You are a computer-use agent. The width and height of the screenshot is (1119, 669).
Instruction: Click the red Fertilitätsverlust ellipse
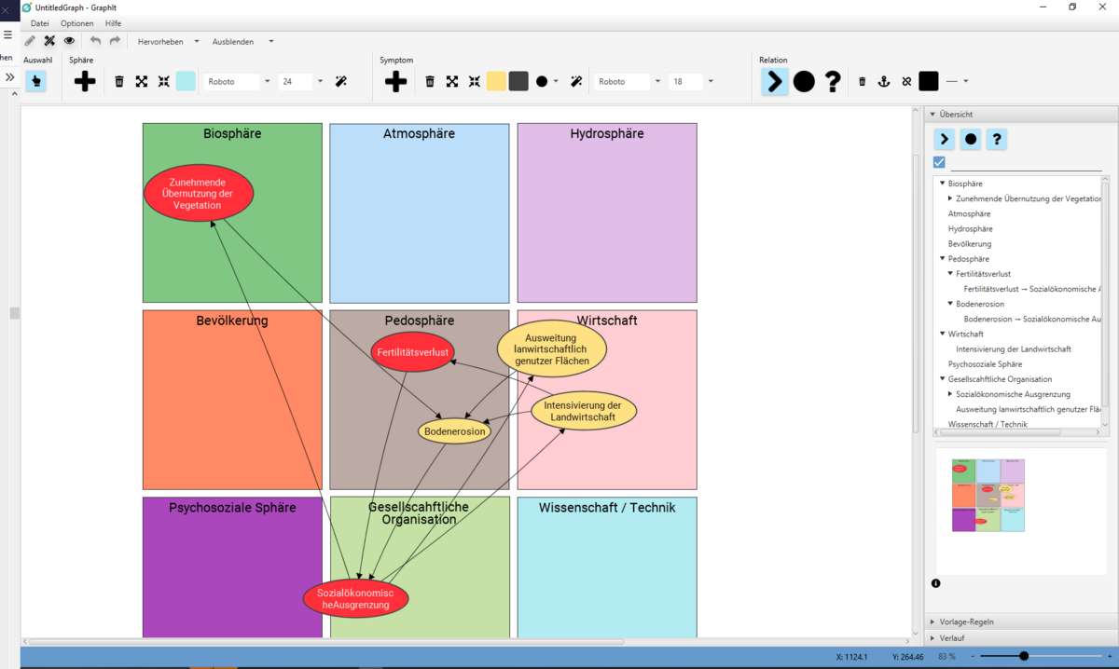pos(412,352)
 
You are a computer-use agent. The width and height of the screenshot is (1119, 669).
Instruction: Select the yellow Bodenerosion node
pos(454,431)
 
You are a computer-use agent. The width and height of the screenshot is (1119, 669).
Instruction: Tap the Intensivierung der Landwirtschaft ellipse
pos(584,411)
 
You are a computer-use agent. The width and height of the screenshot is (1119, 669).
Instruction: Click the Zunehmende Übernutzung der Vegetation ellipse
pos(199,193)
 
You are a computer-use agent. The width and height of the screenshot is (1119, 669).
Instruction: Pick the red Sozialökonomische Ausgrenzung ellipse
pos(355,598)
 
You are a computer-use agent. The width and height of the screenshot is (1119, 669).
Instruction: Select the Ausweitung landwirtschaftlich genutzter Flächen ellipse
pos(552,348)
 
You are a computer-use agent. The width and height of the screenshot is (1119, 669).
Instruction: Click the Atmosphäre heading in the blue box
pos(419,134)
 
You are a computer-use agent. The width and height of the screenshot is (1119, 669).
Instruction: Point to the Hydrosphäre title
pos(607,134)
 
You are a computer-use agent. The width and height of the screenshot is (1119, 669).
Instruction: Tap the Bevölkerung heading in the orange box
pos(232,321)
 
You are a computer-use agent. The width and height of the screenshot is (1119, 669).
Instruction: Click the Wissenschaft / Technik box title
pos(607,508)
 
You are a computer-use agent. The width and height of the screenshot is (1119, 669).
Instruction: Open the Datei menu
pos(40,23)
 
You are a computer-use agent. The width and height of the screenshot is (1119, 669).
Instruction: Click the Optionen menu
pos(77,23)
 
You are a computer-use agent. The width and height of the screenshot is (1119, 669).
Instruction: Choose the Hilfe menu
pos(113,23)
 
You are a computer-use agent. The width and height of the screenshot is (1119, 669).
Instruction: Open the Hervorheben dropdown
pos(168,42)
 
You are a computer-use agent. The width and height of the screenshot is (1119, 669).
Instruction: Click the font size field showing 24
pos(297,82)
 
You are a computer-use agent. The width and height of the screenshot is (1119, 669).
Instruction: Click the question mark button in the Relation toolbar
pos(833,82)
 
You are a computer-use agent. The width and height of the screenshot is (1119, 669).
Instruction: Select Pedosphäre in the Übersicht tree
pos(968,259)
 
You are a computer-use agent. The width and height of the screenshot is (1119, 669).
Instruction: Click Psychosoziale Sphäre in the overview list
pos(985,364)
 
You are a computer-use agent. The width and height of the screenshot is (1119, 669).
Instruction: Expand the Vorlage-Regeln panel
pos(966,621)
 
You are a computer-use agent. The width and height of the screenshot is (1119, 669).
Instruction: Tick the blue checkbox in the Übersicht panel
pos(939,162)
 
